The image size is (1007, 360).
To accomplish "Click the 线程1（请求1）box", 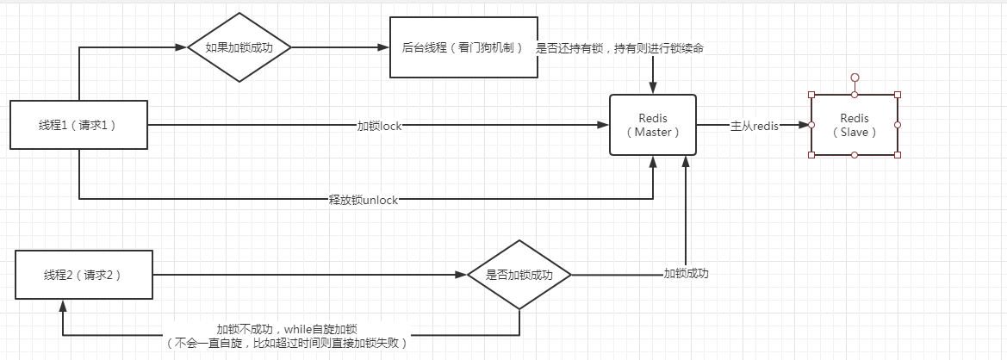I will [x=78, y=126].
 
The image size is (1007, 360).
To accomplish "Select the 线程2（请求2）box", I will [x=84, y=276].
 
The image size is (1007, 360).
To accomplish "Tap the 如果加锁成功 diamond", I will [x=239, y=48].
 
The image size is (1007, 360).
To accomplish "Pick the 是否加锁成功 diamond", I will [x=519, y=276].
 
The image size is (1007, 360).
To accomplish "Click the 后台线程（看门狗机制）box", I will [x=463, y=48].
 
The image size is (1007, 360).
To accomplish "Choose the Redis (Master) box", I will [x=653, y=125].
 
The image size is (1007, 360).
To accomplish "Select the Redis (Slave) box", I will [x=854, y=125].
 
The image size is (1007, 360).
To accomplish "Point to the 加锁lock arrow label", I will [x=380, y=126].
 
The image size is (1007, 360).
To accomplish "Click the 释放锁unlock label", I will [x=364, y=200].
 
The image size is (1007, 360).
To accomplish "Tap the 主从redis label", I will [x=755, y=126].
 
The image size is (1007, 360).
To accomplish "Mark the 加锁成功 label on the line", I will [x=686, y=274].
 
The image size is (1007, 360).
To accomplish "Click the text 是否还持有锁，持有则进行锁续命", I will [x=620, y=48].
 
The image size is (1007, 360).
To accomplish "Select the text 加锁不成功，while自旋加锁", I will [x=288, y=329].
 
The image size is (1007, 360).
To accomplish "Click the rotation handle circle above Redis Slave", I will [x=854, y=78].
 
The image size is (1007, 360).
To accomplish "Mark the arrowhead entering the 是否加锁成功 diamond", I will [x=462, y=276].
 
